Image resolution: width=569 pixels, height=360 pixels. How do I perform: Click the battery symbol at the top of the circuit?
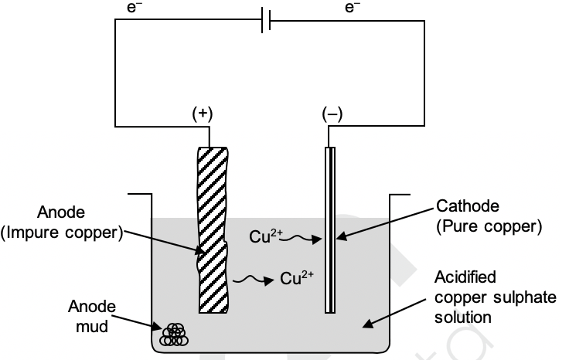[x=265, y=22]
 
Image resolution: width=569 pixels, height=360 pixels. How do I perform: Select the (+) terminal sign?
[x=203, y=114]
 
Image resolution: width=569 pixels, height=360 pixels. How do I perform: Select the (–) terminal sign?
[x=332, y=114]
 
